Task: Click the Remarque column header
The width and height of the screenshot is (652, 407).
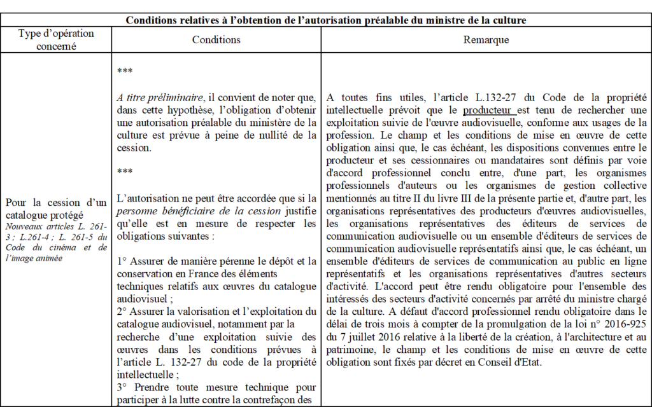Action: click(486, 39)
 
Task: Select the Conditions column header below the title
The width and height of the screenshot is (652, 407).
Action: click(216, 39)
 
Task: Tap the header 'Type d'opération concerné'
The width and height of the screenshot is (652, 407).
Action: click(56, 39)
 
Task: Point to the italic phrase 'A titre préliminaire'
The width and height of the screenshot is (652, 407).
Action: click(150, 97)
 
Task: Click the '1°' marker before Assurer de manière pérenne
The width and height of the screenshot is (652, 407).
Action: click(122, 261)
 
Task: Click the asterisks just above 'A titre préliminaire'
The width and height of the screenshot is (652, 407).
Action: click(124, 71)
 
